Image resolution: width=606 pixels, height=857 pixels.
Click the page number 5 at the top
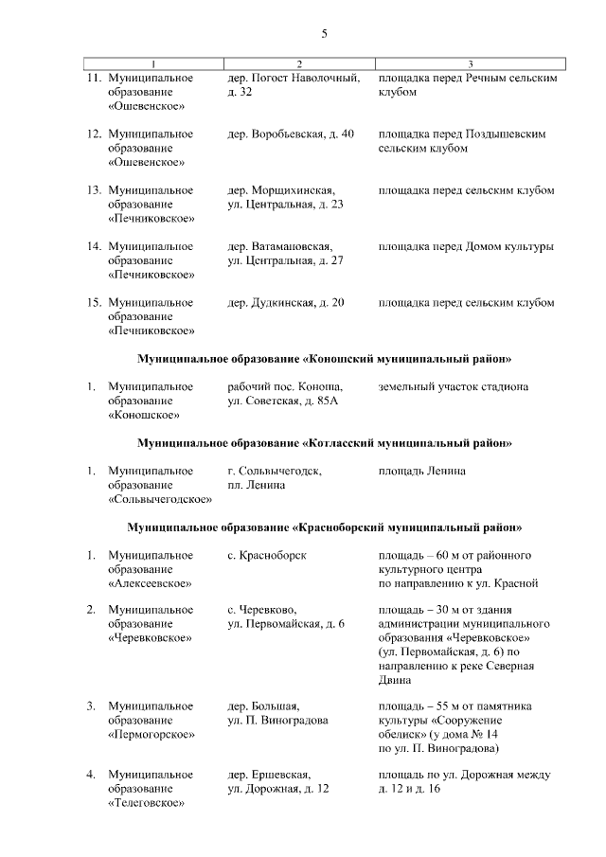tap(324, 35)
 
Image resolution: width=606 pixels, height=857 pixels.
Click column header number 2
tap(298, 63)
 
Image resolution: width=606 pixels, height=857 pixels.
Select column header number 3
tap(471, 63)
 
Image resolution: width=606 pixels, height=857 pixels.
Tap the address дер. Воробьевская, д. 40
tap(291, 134)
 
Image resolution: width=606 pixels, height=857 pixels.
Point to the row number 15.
tap(94, 302)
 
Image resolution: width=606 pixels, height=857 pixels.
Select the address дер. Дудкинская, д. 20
tap(286, 302)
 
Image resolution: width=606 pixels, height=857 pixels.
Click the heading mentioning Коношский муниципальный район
tap(324, 359)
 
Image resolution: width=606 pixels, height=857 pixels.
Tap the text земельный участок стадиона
tap(453, 386)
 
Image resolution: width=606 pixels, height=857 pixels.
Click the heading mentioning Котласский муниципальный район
tap(324, 442)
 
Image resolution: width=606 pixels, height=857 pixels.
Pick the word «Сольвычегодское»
tap(160, 499)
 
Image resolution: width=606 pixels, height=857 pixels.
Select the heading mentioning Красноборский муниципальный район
tap(324, 527)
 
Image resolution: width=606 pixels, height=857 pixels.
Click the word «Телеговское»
tap(146, 803)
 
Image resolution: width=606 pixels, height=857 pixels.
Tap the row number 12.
tap(94, 134)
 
